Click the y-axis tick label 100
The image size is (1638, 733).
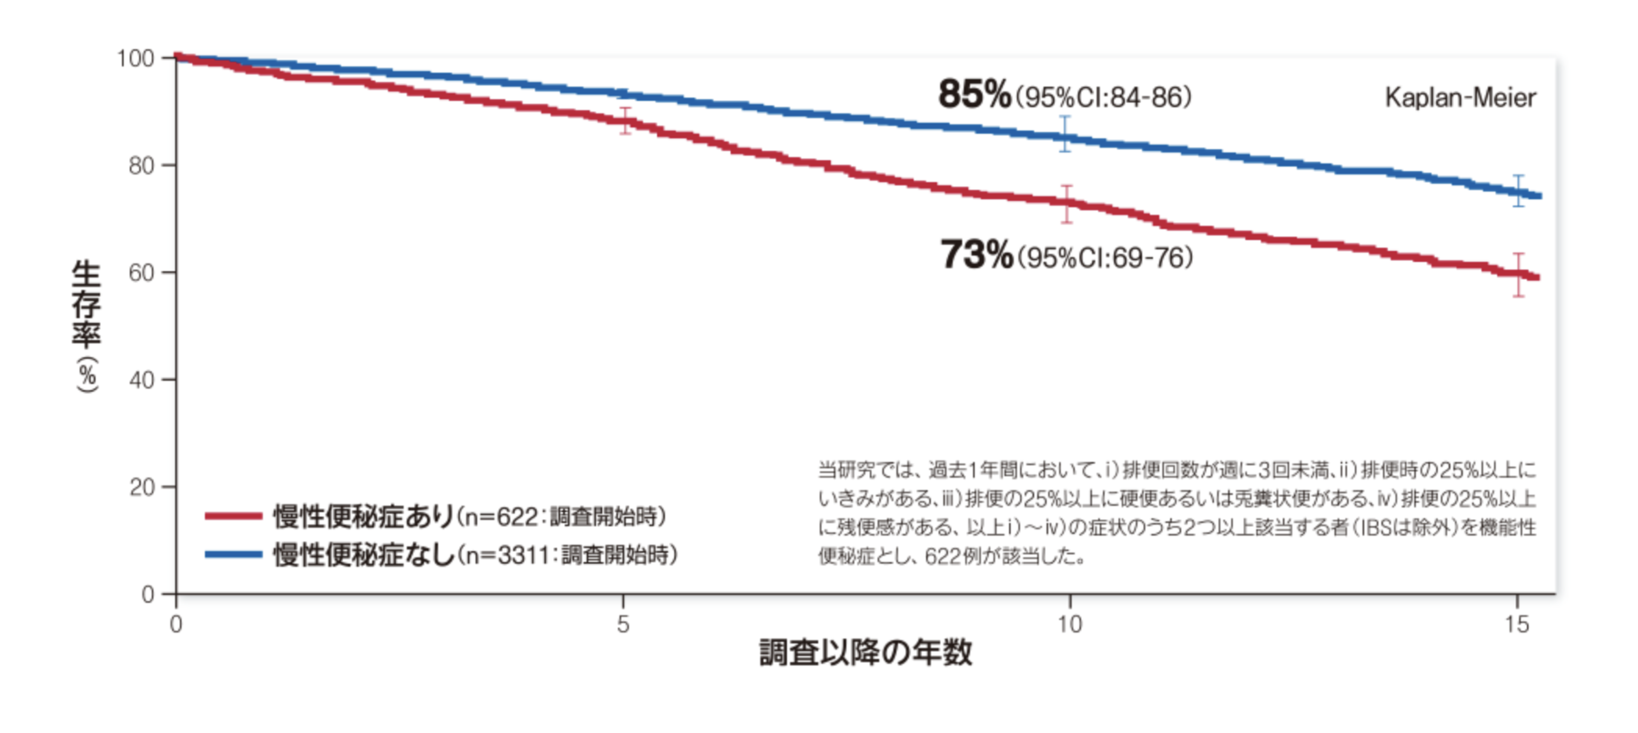tap(135, 59)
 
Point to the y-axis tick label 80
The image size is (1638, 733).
tap(141, 166)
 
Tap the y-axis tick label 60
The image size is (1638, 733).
tap(141, 273)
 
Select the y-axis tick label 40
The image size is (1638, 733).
tap(141, 380)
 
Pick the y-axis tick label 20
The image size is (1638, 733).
tap(141, 487)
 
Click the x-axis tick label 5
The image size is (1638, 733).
tap(623, 625)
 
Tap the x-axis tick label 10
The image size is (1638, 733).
tap(1069, 625)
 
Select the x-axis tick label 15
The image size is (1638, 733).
tap(1516, 625)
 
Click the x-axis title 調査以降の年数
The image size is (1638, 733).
tap(865, 653)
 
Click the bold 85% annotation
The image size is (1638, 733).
tap(975, 95)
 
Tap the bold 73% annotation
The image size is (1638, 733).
tap(976, 256)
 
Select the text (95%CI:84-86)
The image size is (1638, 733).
tap(1104, 97)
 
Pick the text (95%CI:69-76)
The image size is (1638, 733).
tap(1106, 258)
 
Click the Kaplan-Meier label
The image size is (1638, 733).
tap(1460, 98)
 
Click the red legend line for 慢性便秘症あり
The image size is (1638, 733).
tap(234, 517)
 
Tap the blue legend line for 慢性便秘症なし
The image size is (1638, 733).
tap(234, 555)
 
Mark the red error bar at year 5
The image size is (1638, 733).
tap(625, 120)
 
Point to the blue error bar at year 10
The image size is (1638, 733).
tap(1065, 134)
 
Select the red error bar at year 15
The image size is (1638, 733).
tap(1518, 275)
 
